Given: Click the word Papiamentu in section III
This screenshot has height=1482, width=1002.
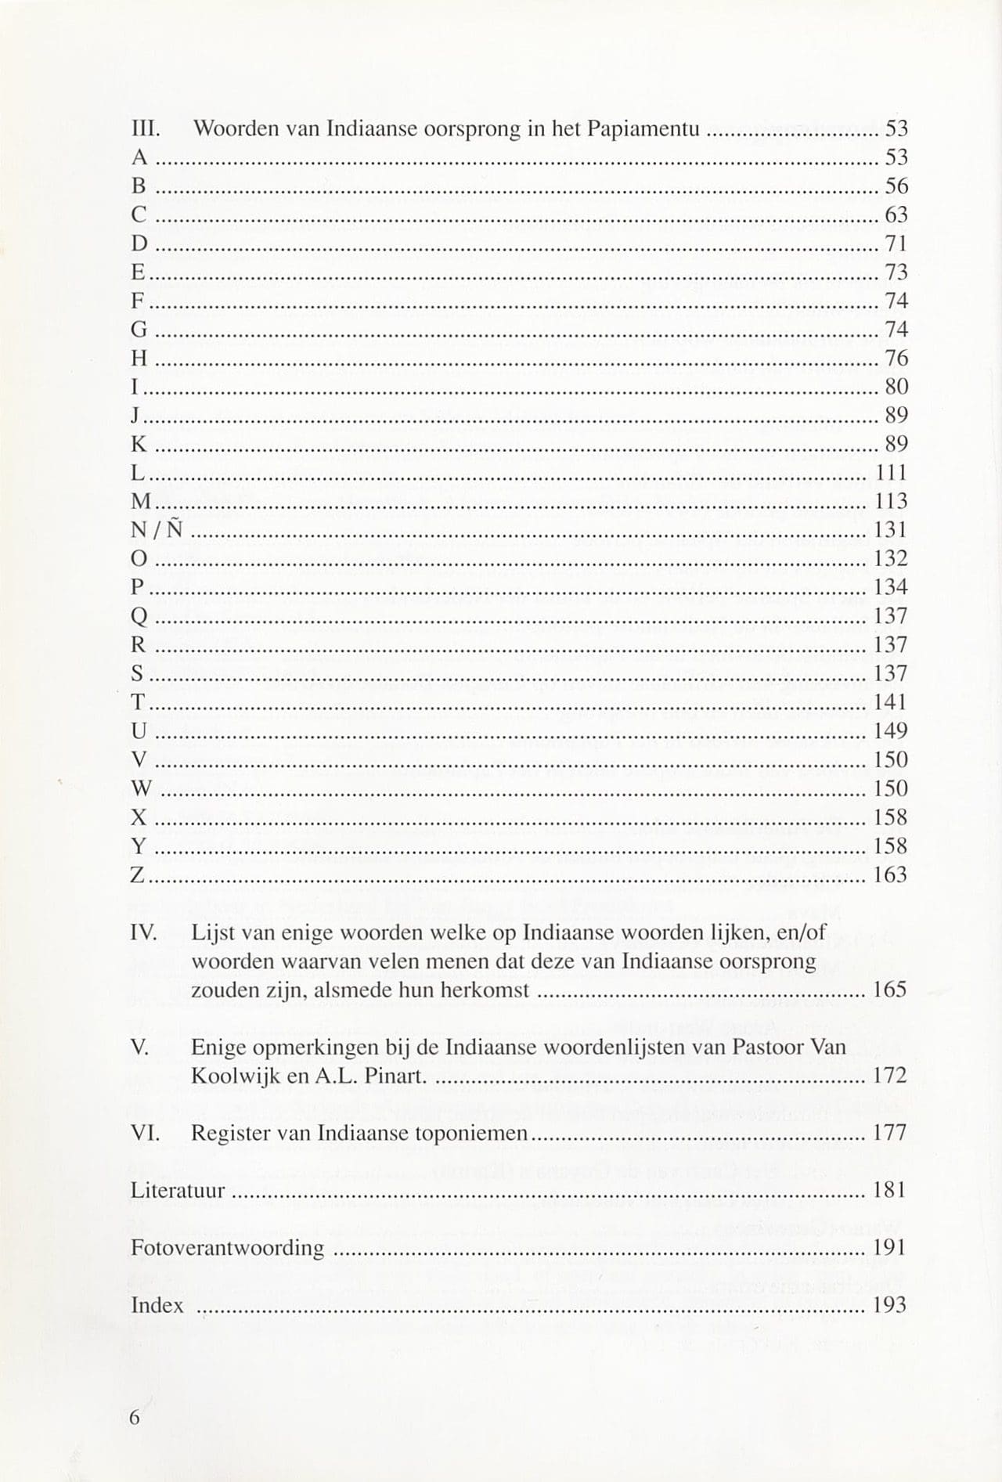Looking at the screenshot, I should click(647, 128).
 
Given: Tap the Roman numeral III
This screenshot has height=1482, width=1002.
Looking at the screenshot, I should click(145, 128).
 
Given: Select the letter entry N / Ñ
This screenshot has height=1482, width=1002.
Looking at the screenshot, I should click(157, 530).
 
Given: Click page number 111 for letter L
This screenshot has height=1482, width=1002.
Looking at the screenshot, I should click(890, 473).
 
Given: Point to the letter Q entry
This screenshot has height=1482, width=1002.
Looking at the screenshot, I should click(139, 617).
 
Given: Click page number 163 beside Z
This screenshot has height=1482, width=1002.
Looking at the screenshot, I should click(889, 874).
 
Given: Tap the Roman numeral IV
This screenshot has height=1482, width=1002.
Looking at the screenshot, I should click(144, 932).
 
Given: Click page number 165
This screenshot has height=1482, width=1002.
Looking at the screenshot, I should click(889, 990).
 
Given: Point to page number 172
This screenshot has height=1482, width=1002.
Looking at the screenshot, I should click(889, 1076).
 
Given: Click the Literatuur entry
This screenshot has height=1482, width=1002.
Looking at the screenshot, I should click(178, 1191).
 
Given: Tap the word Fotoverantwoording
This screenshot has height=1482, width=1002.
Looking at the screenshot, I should click(227, 1248).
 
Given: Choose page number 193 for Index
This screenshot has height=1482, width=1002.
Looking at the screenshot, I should click(889, 1305).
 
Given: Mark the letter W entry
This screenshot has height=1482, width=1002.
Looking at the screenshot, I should click(142, 789).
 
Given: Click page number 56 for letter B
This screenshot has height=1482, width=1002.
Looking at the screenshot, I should click(896, 186).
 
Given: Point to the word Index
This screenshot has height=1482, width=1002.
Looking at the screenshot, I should click(157, 1305).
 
